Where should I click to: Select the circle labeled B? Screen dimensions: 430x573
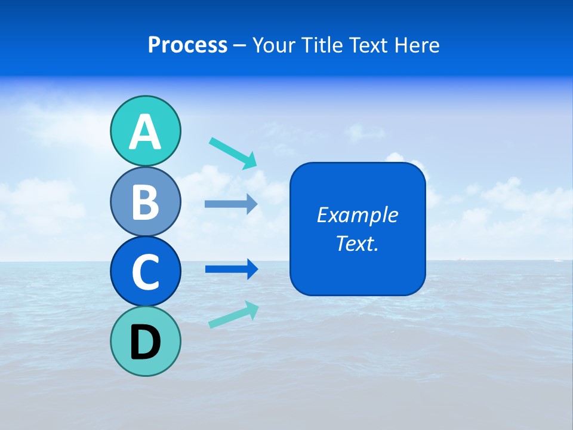point(145,202)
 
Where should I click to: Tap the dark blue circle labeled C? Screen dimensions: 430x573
point(145,272)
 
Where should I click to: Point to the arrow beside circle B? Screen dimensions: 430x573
point(231,204)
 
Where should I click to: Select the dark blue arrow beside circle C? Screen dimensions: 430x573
point(232,269)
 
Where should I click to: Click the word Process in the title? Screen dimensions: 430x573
point(187,45)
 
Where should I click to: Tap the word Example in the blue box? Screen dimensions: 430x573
point(357,215)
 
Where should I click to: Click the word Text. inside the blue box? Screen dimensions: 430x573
point(357,244)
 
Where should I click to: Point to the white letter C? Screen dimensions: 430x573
point(145,272)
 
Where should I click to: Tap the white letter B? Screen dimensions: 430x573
point(145,202)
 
